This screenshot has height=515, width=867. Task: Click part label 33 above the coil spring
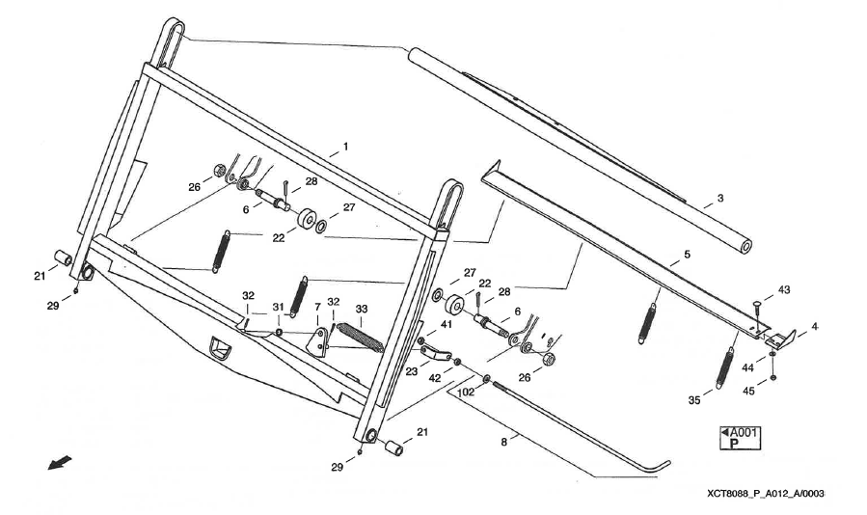click(x=363, y=310)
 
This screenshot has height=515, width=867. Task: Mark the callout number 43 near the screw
click(x=783, y=289)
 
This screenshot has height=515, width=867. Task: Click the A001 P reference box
click(x=740, y=438)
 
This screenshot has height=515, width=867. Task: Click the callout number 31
click(x=277, y=307)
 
